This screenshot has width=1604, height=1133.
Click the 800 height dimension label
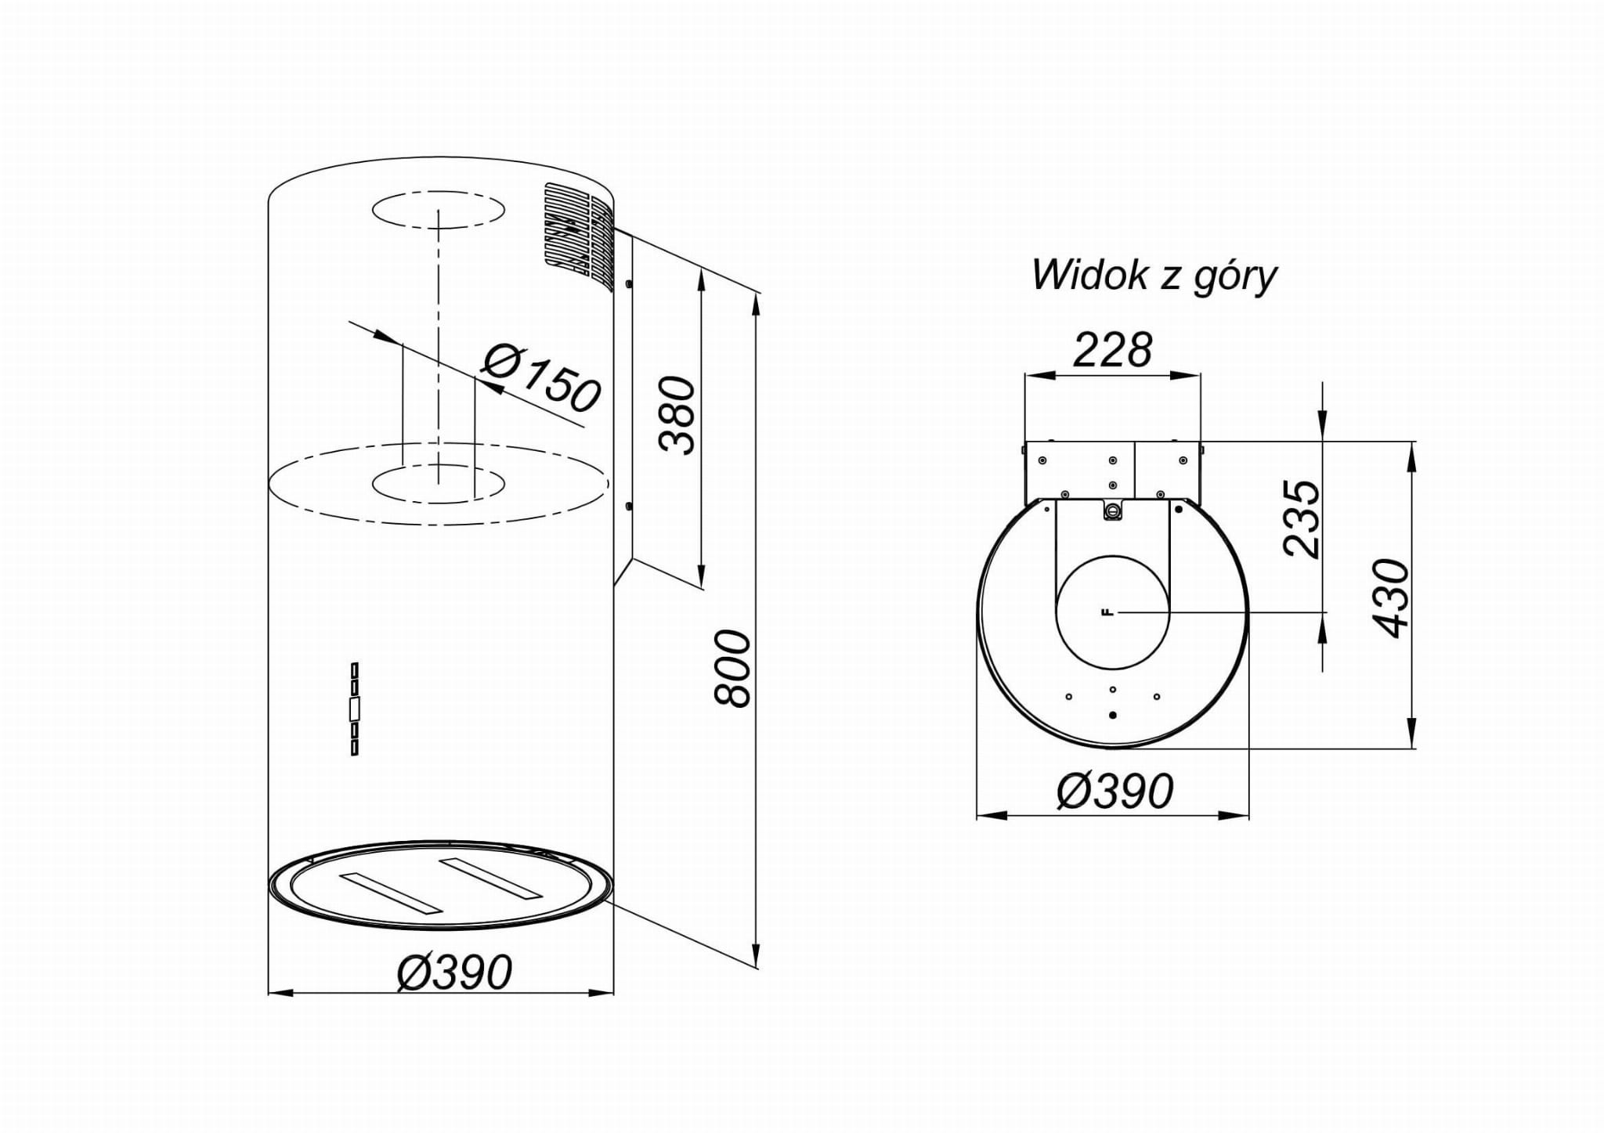(x=734, y=668)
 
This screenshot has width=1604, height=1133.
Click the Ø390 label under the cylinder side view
(x=454, y=972)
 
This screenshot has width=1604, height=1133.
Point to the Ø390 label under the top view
(x=1115, y=791)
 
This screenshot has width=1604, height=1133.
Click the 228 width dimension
(x=1112, y=349)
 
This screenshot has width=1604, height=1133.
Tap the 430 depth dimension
(x=1392, y=598)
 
